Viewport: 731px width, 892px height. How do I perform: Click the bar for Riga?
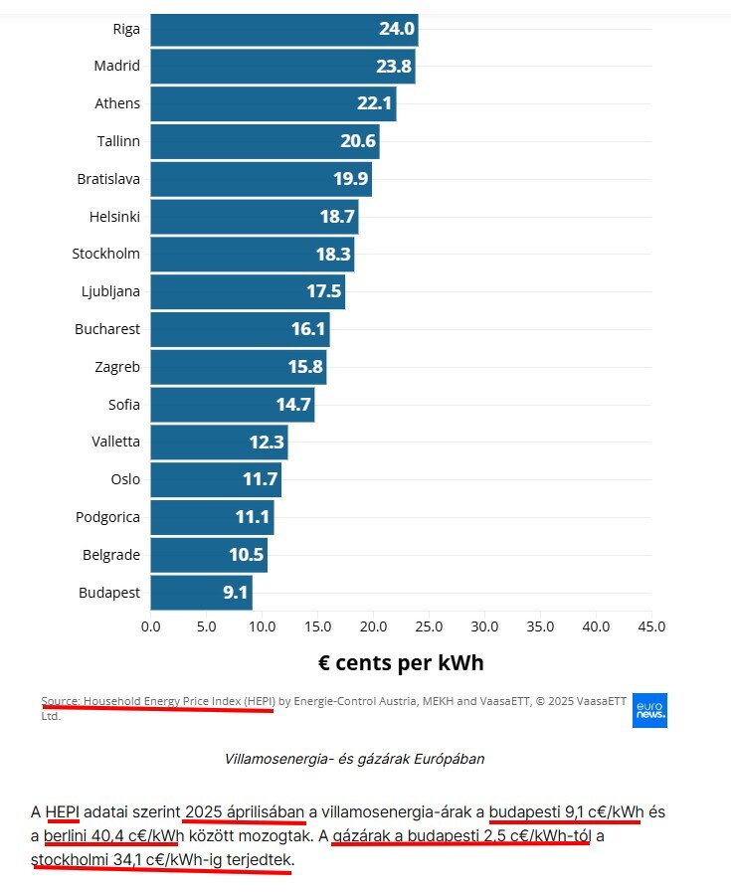283,29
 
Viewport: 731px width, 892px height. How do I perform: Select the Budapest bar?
201,593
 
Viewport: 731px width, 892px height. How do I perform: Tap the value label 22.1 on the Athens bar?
374,103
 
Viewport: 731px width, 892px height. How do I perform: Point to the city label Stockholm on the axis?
105,254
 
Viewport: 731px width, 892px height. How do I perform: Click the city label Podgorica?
107,517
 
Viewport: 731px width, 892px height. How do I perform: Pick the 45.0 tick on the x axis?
650,626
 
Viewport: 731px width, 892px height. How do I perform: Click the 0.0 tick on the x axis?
151,626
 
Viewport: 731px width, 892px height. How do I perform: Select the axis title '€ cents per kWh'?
401,662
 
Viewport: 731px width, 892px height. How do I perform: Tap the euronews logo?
649,710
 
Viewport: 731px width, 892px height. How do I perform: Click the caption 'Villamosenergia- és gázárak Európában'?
355,759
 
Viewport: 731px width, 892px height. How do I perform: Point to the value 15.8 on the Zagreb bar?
305,367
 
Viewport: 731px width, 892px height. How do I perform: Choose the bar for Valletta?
219,442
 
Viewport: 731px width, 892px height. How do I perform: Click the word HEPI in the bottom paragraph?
62,811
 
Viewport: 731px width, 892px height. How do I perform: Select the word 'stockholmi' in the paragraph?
69,859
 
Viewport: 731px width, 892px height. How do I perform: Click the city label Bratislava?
108,179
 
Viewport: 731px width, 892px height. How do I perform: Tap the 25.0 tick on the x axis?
429,626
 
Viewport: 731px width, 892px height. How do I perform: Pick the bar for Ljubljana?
248,291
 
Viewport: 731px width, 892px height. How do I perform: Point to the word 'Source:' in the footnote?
61,701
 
